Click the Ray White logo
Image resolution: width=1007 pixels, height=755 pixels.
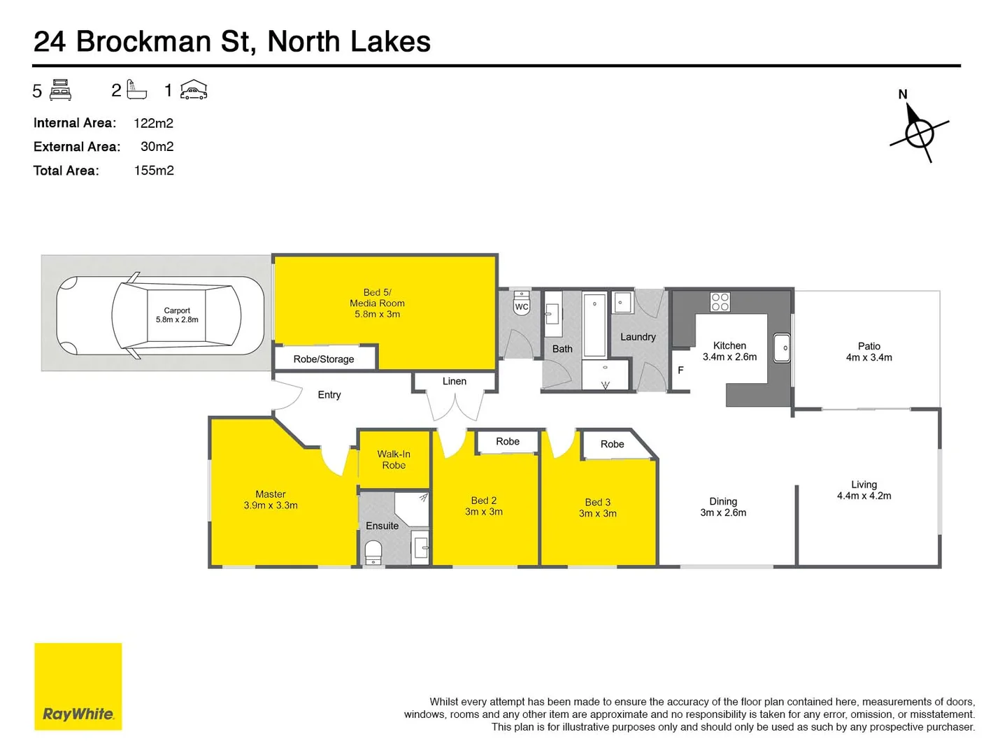[78, 686]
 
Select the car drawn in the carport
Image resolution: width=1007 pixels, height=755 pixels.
[160, 316]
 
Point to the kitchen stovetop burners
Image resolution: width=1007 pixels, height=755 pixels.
[720, 302]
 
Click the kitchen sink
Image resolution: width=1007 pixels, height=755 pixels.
[782, 348]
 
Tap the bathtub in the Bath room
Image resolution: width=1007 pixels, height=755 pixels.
[595, 324]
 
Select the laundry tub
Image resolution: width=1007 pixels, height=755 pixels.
[622, 303]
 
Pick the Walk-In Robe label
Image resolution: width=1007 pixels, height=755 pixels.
[394, 459]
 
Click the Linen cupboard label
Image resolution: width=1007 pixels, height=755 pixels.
[455, 381]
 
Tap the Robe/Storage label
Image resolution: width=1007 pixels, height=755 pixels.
[324, 359]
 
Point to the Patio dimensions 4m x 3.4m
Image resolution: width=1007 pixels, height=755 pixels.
[869, 357]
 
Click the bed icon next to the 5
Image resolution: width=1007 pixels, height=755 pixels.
[61, 90]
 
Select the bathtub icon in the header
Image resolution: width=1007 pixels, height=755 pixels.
[137, 90]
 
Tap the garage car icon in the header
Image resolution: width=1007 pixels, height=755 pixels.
[194, 90]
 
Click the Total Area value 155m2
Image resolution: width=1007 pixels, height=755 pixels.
[154, 171]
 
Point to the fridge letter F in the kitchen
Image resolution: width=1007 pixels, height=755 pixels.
[680, 370]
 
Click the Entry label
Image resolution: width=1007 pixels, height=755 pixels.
[329, 395]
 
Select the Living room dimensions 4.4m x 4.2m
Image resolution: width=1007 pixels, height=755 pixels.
[864, 496]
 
